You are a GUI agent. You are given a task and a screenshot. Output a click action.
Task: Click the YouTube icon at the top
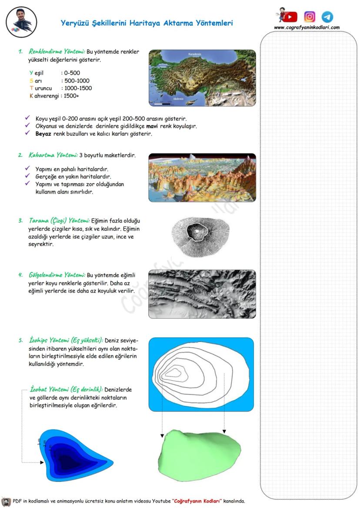point(290,17)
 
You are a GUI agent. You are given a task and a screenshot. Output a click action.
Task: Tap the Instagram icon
point(310,17)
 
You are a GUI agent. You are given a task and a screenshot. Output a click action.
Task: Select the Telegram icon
point(327,17)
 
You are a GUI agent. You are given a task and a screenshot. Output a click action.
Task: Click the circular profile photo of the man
point(22,22)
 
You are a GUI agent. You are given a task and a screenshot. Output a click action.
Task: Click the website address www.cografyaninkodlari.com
point(307,27)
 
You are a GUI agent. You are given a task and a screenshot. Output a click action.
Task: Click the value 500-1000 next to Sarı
point(77,80)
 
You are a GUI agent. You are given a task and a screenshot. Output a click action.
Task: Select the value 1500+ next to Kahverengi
point(71,95)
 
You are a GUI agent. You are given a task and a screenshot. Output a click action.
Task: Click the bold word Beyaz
point(44,133)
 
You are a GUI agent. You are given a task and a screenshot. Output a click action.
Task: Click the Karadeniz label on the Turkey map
point(194,54)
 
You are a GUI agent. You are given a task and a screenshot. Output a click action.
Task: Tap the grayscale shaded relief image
point(202,294)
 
